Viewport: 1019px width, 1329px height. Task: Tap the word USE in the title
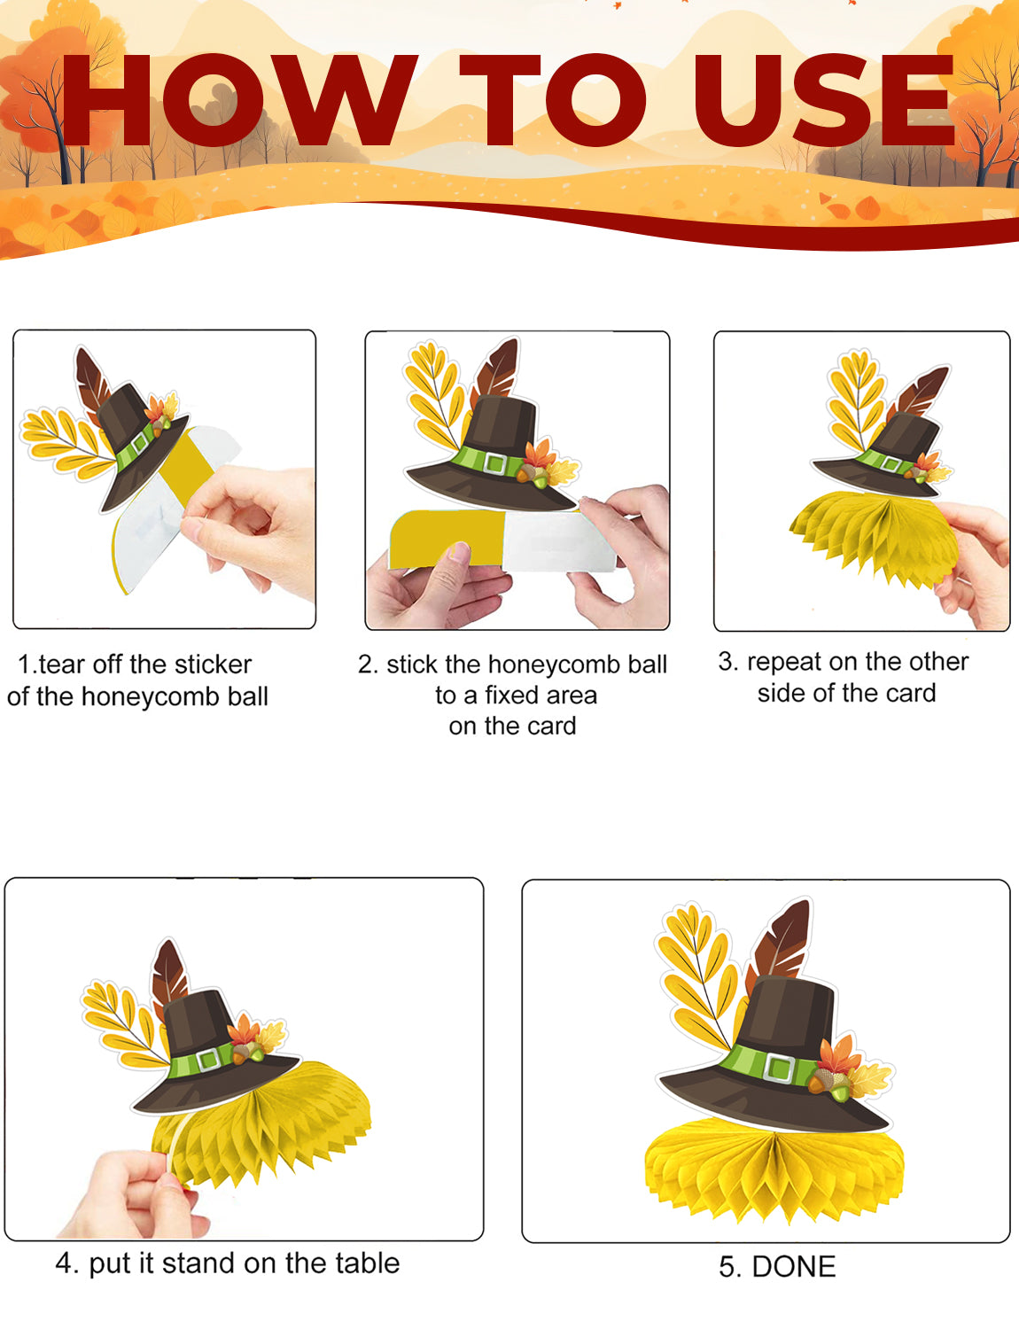(x=824, y=100)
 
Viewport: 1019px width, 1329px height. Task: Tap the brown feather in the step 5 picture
(x=781, y=944)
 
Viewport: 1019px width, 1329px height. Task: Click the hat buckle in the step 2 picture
(x=494, y=462)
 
